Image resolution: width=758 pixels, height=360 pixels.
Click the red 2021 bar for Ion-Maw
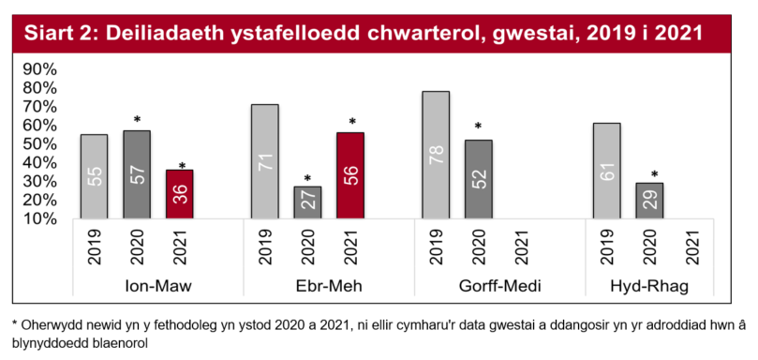179,194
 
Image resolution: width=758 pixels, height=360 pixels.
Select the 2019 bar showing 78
436,155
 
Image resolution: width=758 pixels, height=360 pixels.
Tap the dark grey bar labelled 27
307,202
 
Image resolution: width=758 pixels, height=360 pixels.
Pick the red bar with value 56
350,175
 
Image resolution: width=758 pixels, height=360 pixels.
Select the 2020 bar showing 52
479,179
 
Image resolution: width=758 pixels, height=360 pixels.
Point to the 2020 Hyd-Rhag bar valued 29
649,200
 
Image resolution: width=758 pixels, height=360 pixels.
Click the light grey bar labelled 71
265,161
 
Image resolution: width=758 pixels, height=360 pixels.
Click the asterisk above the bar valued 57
137,121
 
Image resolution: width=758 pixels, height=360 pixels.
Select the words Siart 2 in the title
57,35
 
